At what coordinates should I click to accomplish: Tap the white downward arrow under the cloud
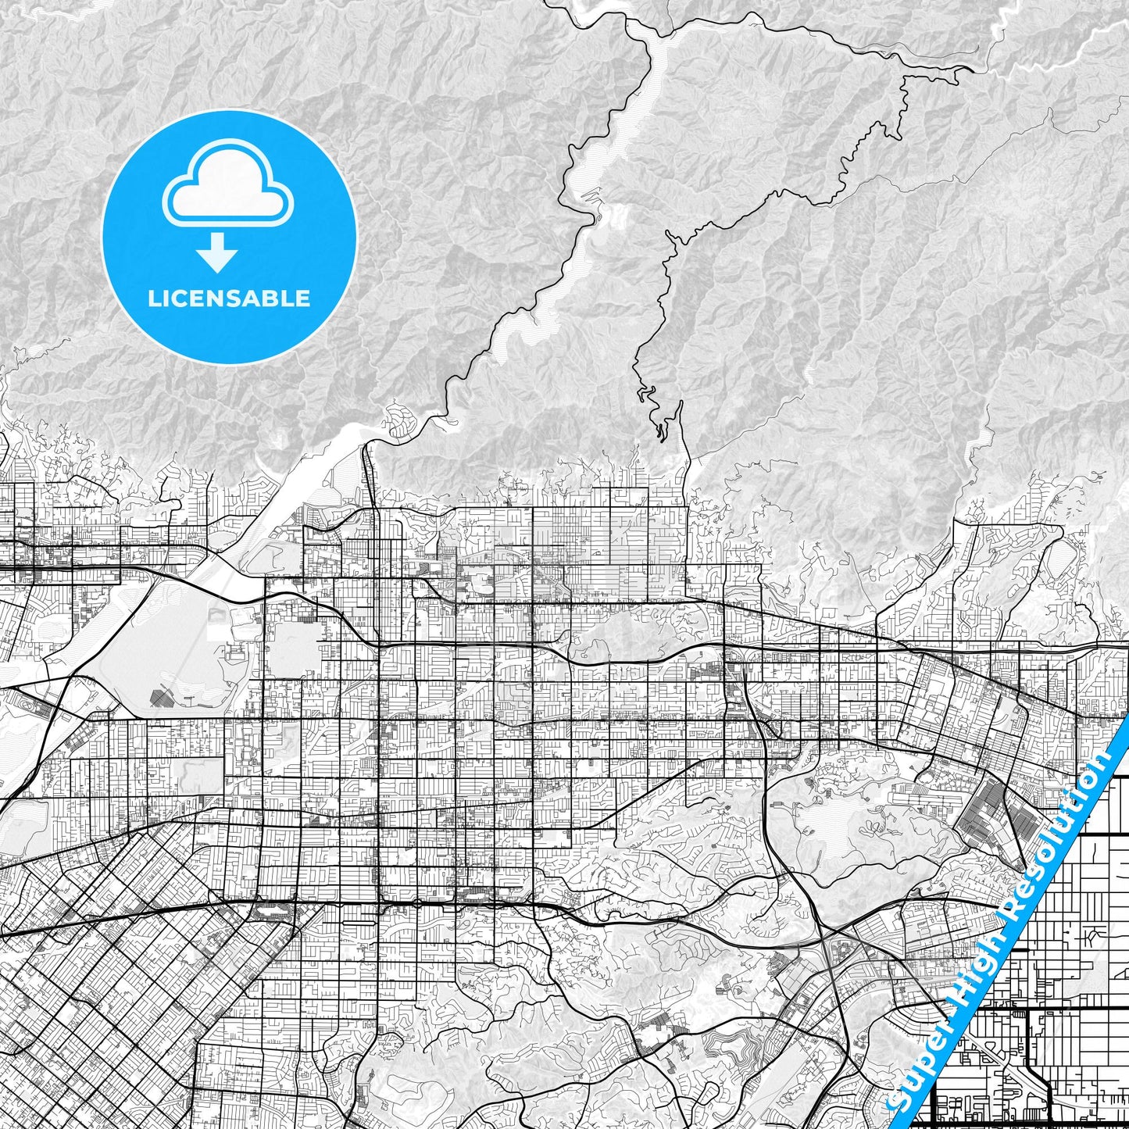[x=218, y=255]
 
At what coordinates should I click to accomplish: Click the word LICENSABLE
[x=229, y=298]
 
